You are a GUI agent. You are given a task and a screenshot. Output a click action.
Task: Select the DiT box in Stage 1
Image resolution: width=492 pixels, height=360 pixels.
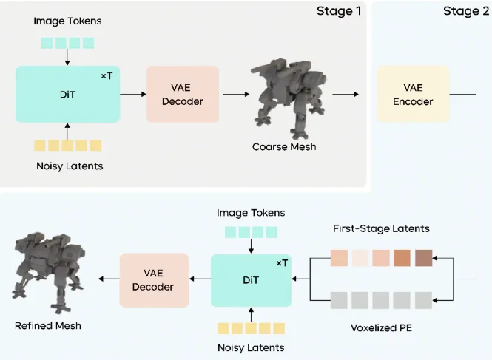(67, 94)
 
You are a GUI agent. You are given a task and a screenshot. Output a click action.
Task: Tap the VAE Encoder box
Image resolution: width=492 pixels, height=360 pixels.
(412, 94)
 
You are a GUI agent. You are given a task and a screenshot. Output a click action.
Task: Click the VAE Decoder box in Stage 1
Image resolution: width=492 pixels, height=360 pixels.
(182, 94)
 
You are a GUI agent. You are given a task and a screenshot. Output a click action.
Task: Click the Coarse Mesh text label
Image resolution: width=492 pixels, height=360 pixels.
(284, 146)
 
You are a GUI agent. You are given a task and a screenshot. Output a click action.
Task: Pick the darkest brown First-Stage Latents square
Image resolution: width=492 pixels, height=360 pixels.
(424, 258)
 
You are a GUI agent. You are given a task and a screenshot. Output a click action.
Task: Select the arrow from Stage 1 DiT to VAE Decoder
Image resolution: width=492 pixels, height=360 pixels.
(132, 94)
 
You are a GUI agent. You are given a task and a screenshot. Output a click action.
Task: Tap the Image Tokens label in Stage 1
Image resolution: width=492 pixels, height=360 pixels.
(67, 21)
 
